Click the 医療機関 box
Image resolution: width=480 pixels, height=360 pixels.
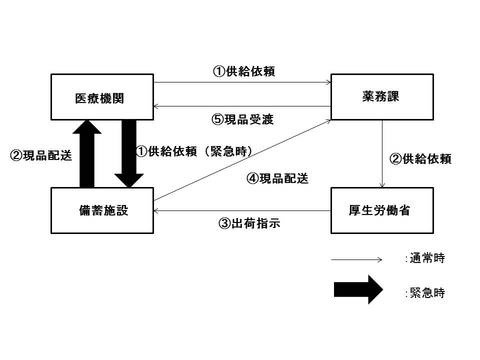coord(102,97)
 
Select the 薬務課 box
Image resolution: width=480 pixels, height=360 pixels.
coord(382,97)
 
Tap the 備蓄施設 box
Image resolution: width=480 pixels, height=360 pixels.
coord(102,210)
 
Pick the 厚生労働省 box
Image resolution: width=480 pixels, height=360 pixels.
coord(382,210)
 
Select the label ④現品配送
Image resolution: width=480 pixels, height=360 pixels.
coord(277,178)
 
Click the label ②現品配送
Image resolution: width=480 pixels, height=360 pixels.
coord(41,155)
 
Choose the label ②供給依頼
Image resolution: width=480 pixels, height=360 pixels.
coord(420,159)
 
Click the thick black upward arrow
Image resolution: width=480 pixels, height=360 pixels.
coord(87,154)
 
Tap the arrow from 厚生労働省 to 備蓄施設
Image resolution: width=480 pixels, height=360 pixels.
coord(242,211)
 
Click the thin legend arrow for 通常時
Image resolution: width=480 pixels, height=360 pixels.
coord(356,259)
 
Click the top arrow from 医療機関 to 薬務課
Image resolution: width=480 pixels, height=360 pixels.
coord(242,82)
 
